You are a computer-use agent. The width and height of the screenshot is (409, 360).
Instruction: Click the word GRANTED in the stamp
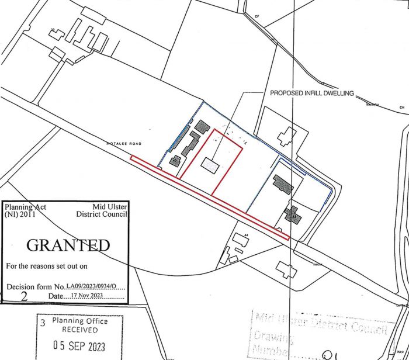tap(68, 244)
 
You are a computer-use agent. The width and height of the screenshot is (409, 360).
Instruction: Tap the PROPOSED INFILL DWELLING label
tap(312, 93)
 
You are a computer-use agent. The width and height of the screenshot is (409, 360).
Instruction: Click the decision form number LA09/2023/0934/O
tap(95, 286)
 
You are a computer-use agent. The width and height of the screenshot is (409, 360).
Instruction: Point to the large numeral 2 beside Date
tap(24, 296)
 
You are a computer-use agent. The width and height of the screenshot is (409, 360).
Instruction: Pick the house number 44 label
tap(247, 234)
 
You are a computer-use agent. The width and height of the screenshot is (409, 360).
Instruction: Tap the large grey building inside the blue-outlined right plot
tap(284, 184)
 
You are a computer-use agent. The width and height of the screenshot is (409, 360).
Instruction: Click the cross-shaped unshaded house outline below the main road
tap(286, 269)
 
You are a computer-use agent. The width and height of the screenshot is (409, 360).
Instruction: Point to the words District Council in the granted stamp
tap(102, 214)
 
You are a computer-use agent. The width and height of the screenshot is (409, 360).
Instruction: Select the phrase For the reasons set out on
tap(46, 266)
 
